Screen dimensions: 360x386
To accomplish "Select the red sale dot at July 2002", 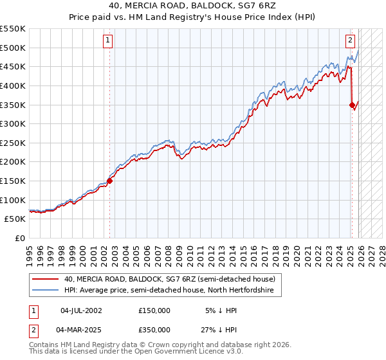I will click(x=109, y=181).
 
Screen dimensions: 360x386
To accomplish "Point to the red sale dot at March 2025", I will click(x=352, y=105).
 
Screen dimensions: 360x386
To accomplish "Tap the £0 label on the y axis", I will click(x=20, y=238).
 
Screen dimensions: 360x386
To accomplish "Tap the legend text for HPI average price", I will click(x=169, y=291).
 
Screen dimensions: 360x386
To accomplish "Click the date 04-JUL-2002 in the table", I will click(x=80, y=310).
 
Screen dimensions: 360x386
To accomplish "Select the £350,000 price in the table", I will click(x=154, y=329).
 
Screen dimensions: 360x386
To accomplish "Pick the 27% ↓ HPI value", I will click(x=221, y=329).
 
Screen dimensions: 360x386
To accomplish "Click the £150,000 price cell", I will click(x=154, y=310).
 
